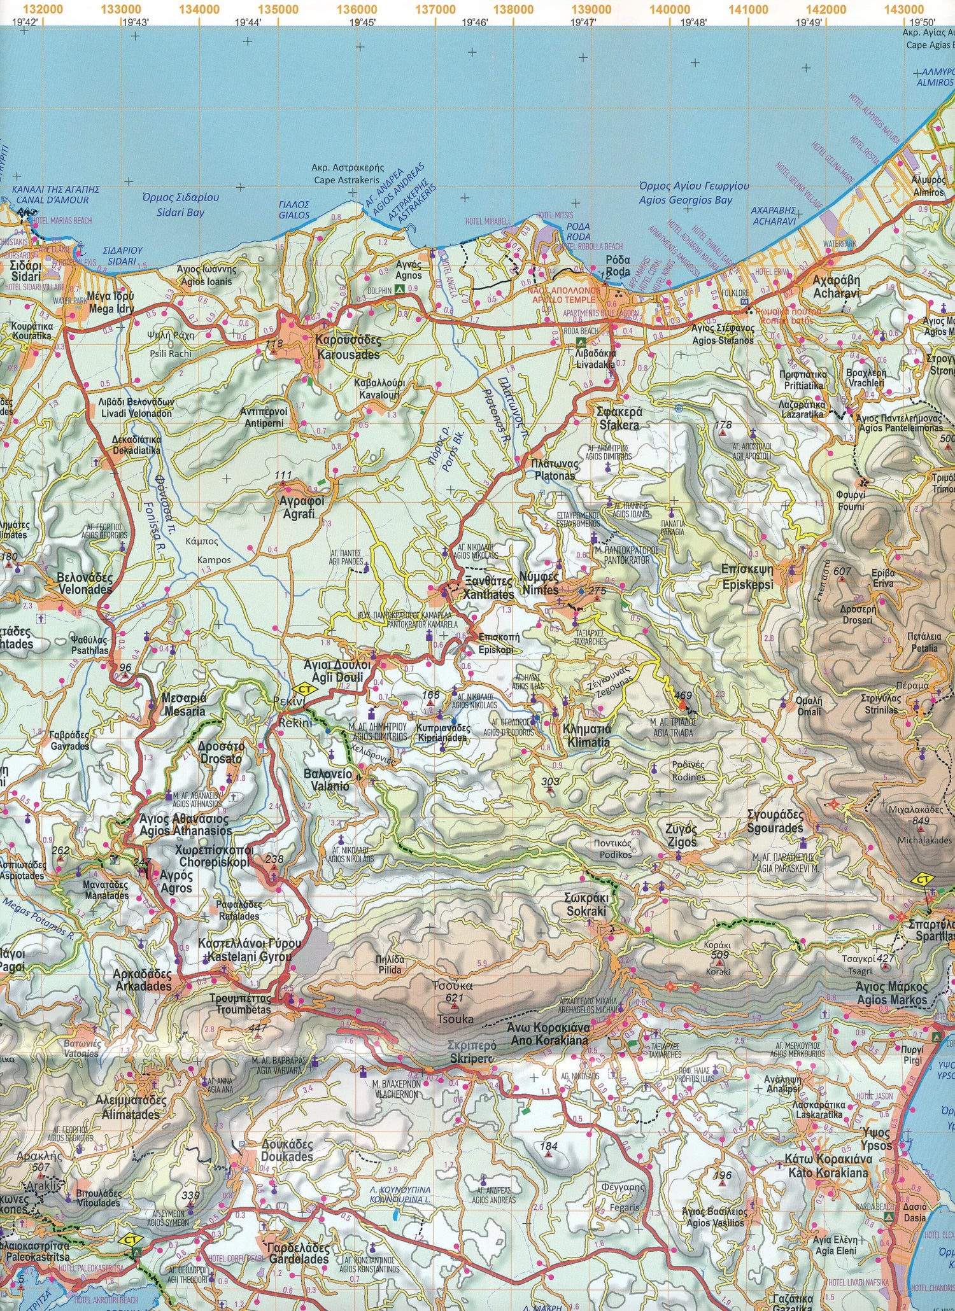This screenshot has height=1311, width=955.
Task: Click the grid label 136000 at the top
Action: click(357, 10)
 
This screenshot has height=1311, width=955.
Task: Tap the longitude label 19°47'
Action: click(583, 22)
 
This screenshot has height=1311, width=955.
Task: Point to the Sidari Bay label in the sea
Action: click(180, 205)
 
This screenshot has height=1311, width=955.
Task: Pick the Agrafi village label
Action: click(302, 507)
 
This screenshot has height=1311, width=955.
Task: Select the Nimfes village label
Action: click(540, 584)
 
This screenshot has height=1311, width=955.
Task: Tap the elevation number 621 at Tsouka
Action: click(454, 997)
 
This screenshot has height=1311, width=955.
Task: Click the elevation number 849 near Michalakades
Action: click(921, 821)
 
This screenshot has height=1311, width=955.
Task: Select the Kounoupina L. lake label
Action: click(400, 1195)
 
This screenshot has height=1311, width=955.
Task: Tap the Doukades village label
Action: click(286, 1151)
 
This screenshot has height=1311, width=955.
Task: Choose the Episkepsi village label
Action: click(747, 577)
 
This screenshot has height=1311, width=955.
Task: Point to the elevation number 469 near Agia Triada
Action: click(683, 696)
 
